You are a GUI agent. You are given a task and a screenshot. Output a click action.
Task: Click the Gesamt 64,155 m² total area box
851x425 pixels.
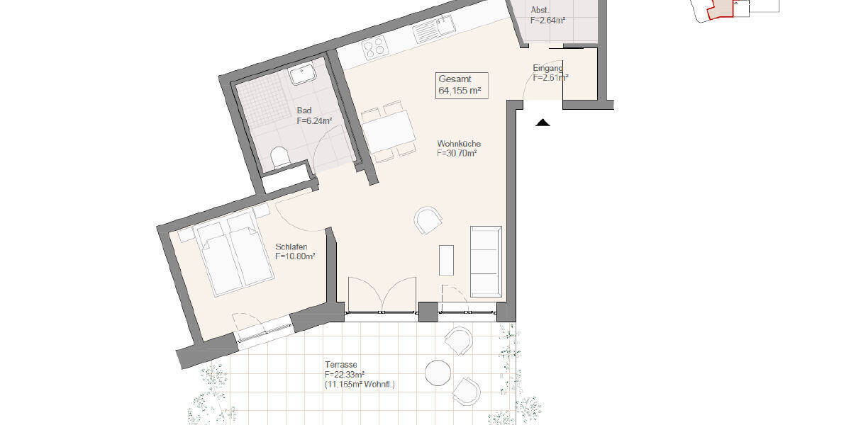(x=462, y=85)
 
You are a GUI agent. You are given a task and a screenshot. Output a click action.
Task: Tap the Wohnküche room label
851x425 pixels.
(x=458, y=148)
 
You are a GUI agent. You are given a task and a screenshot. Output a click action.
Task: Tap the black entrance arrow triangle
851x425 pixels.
(x=543, y=123)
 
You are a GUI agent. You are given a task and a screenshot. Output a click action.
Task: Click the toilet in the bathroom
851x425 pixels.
(x=281, y=157)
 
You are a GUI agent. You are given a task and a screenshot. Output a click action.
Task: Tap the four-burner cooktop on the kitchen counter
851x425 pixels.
(x=374, y=48)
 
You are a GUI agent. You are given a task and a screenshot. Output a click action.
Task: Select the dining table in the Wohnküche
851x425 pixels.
(x=387, y=132)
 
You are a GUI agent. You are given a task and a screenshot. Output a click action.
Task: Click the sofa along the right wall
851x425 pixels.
(x=486, y=261)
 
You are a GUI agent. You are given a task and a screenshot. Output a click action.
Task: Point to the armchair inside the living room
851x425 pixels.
(x=428, y=220)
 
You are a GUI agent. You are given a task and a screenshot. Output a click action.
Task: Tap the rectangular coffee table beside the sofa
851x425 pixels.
(x=446, y=261)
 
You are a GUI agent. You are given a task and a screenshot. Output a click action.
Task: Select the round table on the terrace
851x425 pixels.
(x=438, y=371)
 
